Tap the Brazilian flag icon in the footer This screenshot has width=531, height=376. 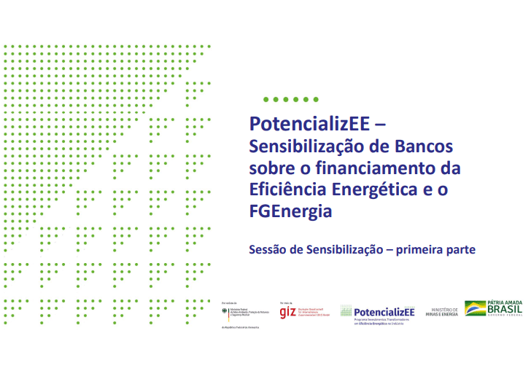click(x=475, y=308)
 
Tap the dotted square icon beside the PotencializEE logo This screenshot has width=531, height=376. click(x=346, y=311)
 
